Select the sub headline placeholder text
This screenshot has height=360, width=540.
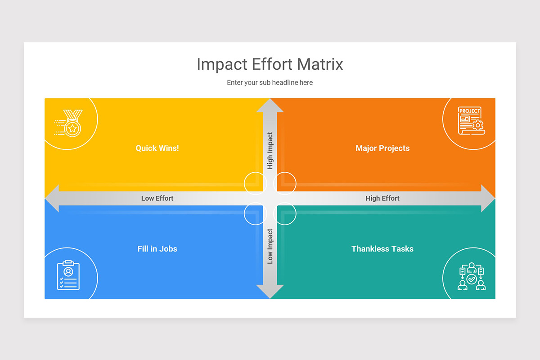click(x=270, y=83)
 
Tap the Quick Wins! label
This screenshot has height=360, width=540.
click(x=157, y=148)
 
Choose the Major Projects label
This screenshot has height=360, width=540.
click(x=382, y=148)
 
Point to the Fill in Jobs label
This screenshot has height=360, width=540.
click(x=157, y=249)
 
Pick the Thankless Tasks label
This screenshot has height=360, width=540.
click(x=382, y=249)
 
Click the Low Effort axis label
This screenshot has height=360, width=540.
click(x=157, y=198)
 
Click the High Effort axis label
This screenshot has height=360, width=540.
click(x=382, y=198)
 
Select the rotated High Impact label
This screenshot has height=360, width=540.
click(x=270, y=150)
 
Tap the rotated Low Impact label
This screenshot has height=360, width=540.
click(x=270, y=246)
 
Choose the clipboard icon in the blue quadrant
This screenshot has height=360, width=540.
click(x=68, y=275)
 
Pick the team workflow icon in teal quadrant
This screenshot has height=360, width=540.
click(x=472, y=276)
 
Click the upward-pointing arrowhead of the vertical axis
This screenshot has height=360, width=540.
click(x=270, y=105)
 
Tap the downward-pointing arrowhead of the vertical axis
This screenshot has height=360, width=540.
click(x=270, y=292)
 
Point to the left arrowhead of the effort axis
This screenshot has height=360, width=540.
click(x=52, y=198)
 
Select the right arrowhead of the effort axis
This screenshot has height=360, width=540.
click(x=488, y=198)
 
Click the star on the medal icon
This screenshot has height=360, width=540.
click(x=72, y=129)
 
